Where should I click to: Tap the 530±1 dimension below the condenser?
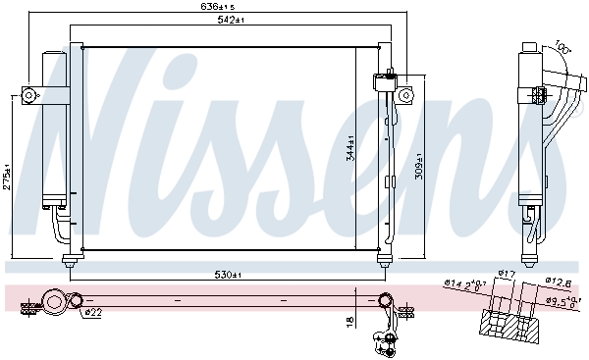(227, 276)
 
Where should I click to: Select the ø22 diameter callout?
(93, 313)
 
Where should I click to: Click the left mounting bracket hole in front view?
(28, 95)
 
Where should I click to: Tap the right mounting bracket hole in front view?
(403, 94)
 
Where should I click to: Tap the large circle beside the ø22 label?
(73, 302)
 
